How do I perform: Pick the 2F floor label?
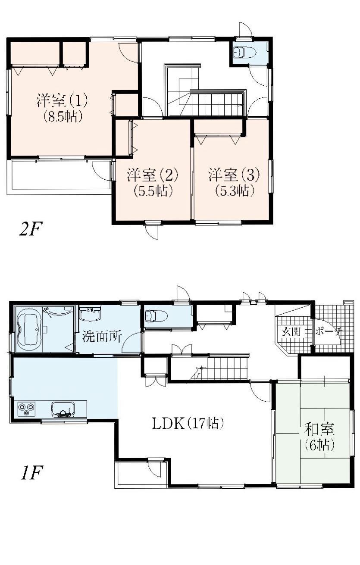30,229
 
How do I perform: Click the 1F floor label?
30,474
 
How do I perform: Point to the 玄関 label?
291,332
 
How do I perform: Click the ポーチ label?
329,332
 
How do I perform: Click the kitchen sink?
63,409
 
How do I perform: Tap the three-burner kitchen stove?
26,408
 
